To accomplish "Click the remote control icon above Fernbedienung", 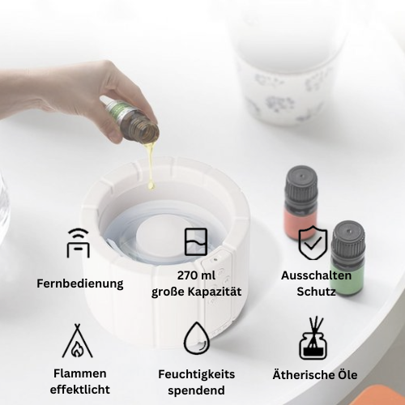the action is [78, 243].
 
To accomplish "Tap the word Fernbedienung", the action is [80, 284].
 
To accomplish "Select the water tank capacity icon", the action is [196, 242].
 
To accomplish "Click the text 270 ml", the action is [196, 275].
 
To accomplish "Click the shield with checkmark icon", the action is [313, 242].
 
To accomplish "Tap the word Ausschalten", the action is [316, 275].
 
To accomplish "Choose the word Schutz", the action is [316, 292].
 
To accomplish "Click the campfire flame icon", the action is [78, 341].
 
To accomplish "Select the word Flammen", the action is [80, 373].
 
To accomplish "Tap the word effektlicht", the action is [80, 390].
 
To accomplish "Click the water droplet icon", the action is [197, 338].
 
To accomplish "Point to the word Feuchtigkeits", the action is [197, 374].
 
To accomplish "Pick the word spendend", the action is [196, 391].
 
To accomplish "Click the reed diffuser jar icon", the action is [313, 338].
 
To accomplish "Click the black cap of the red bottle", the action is [301, 183].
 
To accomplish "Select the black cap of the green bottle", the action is [348, 238].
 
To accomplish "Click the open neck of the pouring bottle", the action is [148, 133].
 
